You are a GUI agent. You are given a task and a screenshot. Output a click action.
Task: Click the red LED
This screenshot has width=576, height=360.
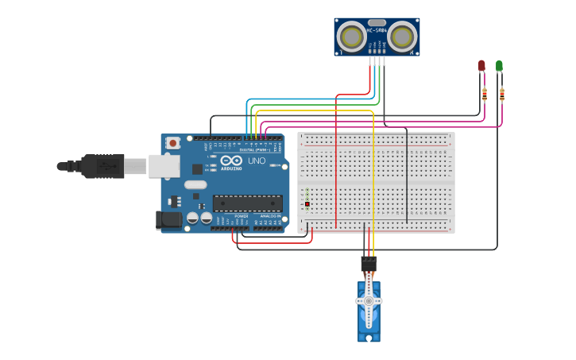481,65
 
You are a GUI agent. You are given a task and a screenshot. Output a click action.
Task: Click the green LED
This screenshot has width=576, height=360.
499,65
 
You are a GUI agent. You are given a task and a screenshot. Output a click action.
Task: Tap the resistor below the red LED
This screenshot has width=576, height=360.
485,94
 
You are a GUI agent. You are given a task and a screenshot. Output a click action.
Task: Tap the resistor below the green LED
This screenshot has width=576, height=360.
502,94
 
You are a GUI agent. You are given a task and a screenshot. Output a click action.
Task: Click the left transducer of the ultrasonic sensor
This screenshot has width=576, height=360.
351,37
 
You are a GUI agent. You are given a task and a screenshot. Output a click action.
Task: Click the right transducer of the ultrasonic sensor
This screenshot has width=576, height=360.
402,37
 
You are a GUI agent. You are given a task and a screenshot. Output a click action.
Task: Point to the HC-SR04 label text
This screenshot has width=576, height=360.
377,31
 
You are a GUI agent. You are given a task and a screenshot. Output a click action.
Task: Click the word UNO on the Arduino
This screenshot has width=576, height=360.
257,161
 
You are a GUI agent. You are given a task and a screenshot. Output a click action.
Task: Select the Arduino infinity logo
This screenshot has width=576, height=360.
231,160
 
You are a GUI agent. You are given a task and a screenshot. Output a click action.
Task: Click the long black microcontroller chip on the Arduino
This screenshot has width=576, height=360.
247,203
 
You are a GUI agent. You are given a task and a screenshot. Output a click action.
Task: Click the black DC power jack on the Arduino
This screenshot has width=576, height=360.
169,220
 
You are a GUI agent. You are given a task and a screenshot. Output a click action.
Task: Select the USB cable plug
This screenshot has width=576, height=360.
103,166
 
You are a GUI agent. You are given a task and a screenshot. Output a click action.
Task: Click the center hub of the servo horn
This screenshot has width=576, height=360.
369,301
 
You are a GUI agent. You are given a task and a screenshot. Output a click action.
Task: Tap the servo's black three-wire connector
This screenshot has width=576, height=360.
369,263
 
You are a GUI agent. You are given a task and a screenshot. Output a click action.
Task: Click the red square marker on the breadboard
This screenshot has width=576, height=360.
307,204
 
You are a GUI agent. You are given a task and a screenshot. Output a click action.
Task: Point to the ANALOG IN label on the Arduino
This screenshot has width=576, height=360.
268,216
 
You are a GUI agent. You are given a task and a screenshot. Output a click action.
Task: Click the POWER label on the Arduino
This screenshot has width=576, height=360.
242,216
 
